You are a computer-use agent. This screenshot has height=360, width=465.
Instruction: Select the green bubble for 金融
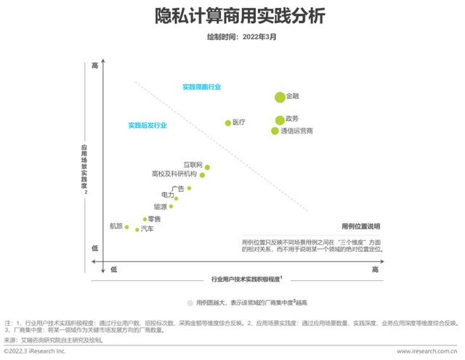pos(280,97)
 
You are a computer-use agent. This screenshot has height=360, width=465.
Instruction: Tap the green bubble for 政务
pos(280,120)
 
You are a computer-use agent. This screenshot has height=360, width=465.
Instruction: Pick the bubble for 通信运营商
pos(275,131)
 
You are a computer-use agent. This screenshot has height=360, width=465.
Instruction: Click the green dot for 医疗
pos(227,123)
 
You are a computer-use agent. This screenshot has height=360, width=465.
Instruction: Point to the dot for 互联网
pos(207,167)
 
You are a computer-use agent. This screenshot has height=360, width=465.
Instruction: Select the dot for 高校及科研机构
pos(203,175)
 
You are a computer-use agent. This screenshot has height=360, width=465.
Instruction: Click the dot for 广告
pos(189,188)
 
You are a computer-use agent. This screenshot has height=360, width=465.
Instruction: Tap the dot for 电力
pos(176,197)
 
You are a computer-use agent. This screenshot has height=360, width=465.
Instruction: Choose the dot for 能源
pos(171,207)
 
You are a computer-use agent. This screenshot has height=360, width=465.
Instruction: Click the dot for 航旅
pos(127,226)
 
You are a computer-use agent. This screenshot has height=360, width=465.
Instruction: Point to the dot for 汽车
pos(137,229)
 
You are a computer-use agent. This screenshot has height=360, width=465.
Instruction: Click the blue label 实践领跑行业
pos(201,87)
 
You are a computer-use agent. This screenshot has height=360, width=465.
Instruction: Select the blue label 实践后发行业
pos(147,125)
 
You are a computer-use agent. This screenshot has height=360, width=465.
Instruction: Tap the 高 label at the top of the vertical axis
pos(94,66)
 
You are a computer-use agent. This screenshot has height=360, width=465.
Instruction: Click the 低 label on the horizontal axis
pos(113,269)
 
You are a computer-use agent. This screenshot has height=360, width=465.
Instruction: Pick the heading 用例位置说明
pos(361,226)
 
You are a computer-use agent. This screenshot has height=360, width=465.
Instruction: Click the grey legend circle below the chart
pos(190,302)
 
